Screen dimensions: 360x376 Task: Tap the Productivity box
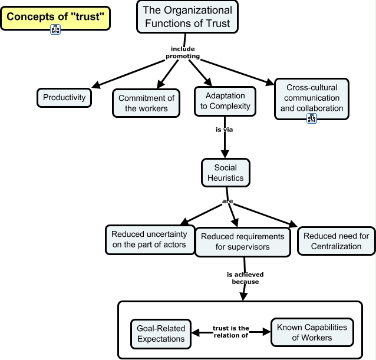point(64,98)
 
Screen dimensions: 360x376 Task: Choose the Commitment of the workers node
point(147,103)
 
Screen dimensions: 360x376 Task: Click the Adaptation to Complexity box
point(225,101)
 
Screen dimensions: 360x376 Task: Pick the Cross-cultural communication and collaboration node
point(311,97)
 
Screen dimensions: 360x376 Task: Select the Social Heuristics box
point(225,173)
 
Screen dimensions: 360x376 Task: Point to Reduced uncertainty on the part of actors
point(150,239)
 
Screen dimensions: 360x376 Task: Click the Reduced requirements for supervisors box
point(242,241)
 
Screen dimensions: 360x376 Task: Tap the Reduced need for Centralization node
point(336,241)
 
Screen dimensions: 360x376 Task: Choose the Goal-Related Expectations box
point(161,333)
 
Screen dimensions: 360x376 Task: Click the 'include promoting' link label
point(182,53)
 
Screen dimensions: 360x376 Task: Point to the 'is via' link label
point(225,130)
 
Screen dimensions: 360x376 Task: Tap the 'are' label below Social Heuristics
point(227,202)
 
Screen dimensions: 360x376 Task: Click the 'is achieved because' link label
point(245,278)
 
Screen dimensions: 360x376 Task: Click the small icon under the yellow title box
point(56,30)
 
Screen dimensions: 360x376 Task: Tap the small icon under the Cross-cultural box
point(312,118)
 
